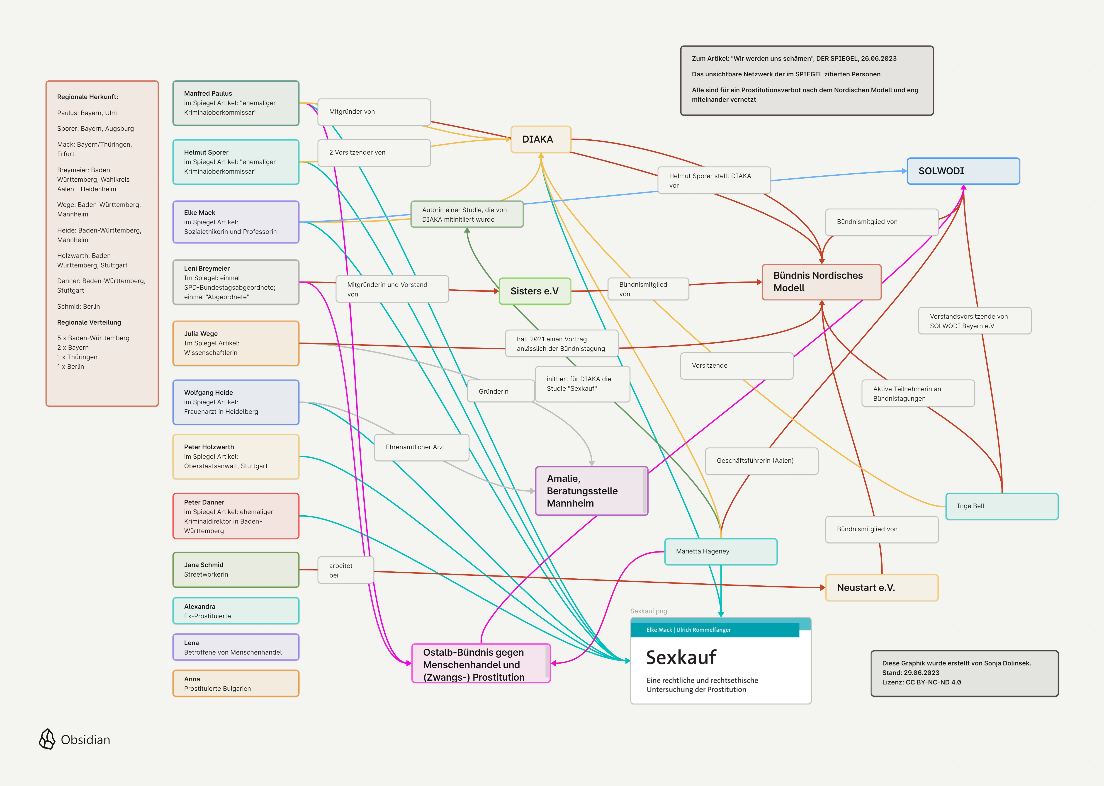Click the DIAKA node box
click(x=541, y=139)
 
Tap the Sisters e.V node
click(x=535, y=291)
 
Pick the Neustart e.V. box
click(x=881, y=587)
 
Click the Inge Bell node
click(x=1001, y=506)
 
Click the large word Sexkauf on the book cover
click(x=681, y=657)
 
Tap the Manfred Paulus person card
click(x=236, y=103)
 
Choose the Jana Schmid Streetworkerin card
click(x=236, y=570)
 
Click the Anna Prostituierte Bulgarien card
click(x=236, y=683)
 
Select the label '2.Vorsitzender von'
click(x=374, y=153)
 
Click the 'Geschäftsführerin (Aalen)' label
click(x=761, y=461)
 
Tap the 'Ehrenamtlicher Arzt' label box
click(x=421, y=447)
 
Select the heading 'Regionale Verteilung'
click(x=89, y=322)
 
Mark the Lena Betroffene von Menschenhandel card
click(x=236, y=647)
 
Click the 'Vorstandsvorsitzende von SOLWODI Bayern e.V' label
click(x=974, y=321)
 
